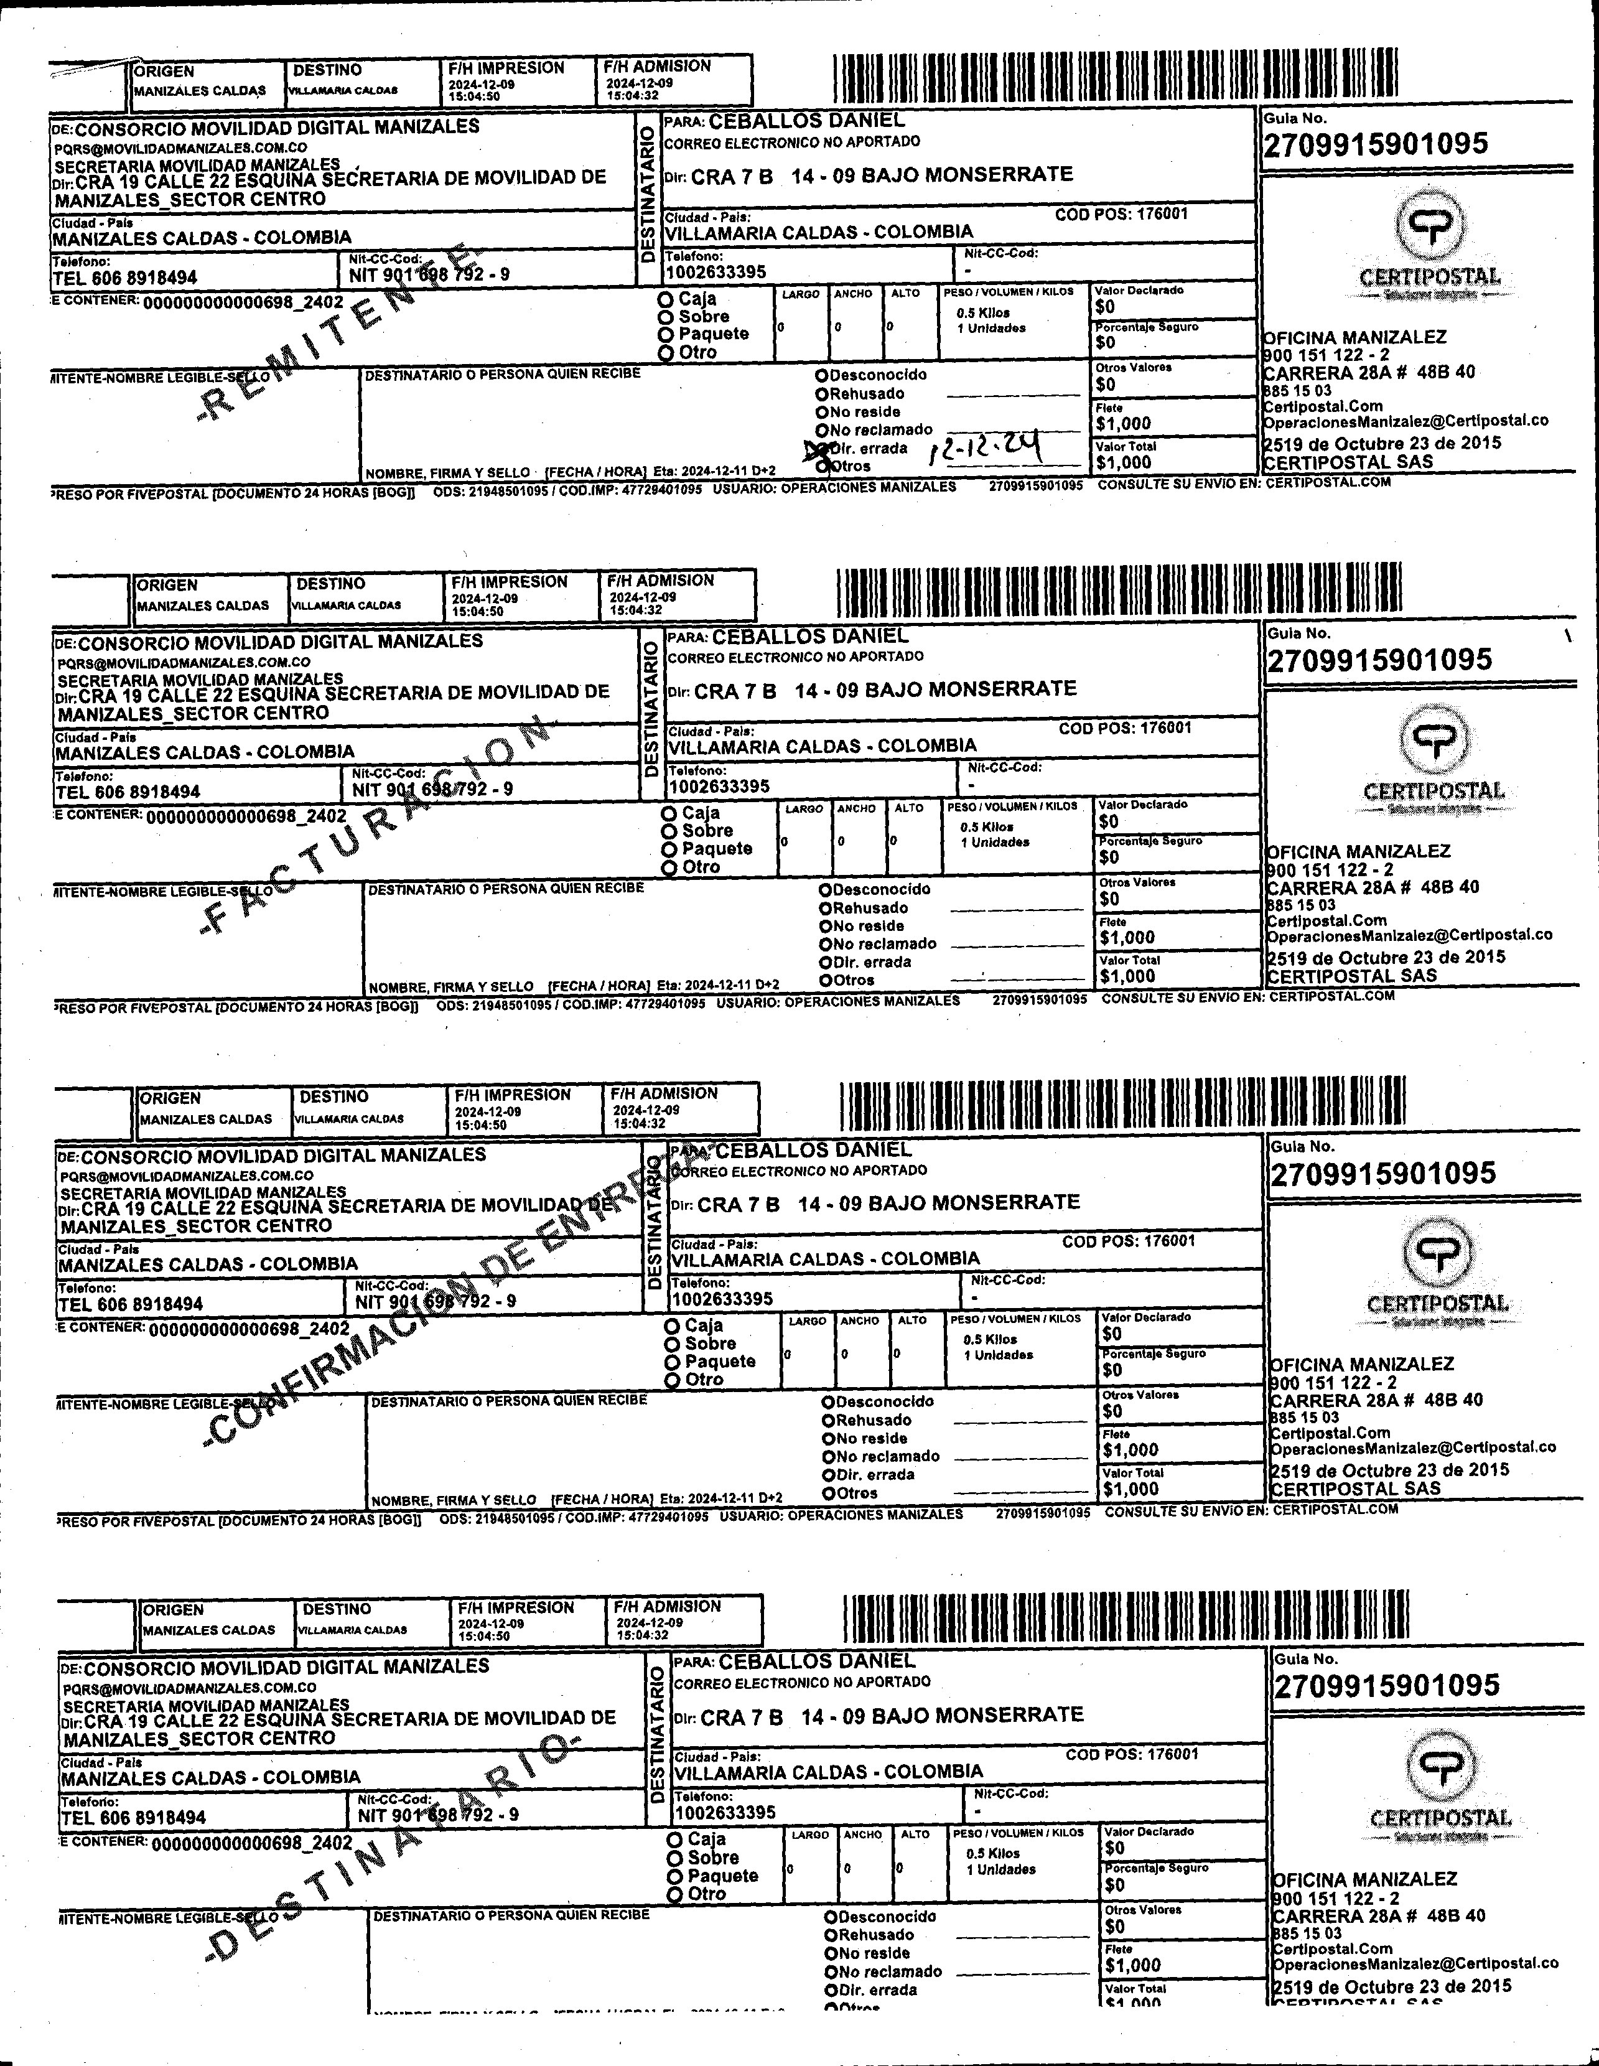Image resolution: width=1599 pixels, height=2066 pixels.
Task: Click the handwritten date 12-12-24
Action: tap(986, 447)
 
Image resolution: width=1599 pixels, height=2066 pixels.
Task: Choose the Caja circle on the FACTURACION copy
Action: tap(669, 813)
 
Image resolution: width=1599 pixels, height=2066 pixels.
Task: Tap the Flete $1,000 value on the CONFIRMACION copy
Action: tap(1130, 1449)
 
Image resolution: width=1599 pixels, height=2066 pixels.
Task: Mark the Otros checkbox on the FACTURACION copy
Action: tap(826, 980)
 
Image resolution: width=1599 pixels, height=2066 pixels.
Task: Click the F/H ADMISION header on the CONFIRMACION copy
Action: tap(664, 1093)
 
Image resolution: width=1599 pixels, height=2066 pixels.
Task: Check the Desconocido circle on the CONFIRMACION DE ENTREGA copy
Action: tap(828, 1402)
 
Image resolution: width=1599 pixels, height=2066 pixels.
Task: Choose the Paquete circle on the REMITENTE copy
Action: tap(666, 334)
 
